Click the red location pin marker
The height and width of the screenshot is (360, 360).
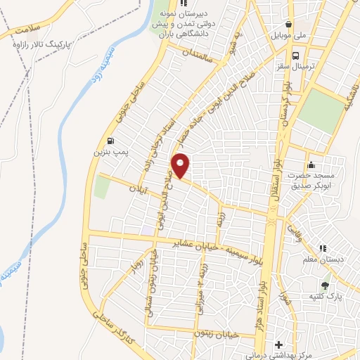pyautogui.click(x=181, y=165)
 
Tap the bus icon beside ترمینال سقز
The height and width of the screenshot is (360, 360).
pyautogui.click(x=295, y=54)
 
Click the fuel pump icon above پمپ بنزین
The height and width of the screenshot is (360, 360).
pyautogui.click(x=111, y=140)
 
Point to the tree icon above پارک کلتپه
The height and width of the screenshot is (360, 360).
pyautogui.click(x=325, y=285)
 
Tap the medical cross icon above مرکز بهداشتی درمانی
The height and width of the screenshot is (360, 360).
pyautogui.click(x=280, y=346)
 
